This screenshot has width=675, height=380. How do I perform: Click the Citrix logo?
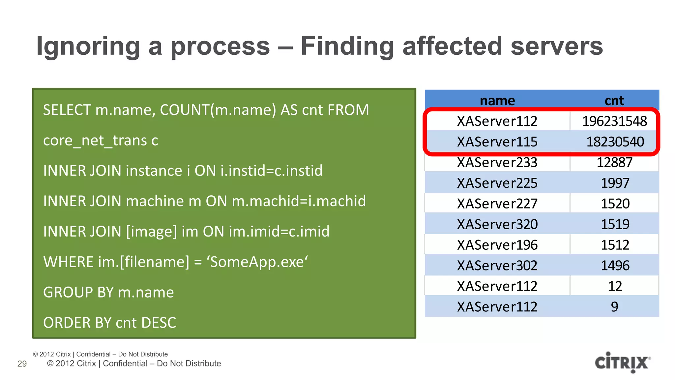[x=622, y=363]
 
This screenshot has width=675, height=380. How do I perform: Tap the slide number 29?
[x=22, y=364]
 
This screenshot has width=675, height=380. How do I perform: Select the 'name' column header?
[x=497, y=100]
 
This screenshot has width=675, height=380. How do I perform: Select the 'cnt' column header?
[x=614, y=100]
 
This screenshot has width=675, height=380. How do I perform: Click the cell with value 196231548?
[x=614, y=121]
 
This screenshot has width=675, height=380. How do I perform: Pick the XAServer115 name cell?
[x=497, y=142]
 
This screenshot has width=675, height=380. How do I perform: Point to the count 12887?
[x=614, y=162]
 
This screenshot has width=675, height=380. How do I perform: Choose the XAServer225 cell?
[x=497, y=183]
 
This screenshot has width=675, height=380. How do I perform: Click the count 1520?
[x=615, y=204]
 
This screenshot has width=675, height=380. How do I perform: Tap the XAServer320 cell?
[x=497, y=224]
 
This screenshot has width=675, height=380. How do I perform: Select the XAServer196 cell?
[x=497, y=245]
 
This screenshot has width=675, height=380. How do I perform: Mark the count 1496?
[x=615, y=266]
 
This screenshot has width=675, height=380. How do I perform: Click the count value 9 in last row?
[x=614, y=307]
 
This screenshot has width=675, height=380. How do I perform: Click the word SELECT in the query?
[x=67, y=110]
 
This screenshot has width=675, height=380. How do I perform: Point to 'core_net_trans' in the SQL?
[x=95, y=141]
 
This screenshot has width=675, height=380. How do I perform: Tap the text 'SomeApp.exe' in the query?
[x=257, y=262]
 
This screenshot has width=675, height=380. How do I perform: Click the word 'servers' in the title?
[x=557, y=46]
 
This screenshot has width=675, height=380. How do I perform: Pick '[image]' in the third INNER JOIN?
[x=152, y=232]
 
